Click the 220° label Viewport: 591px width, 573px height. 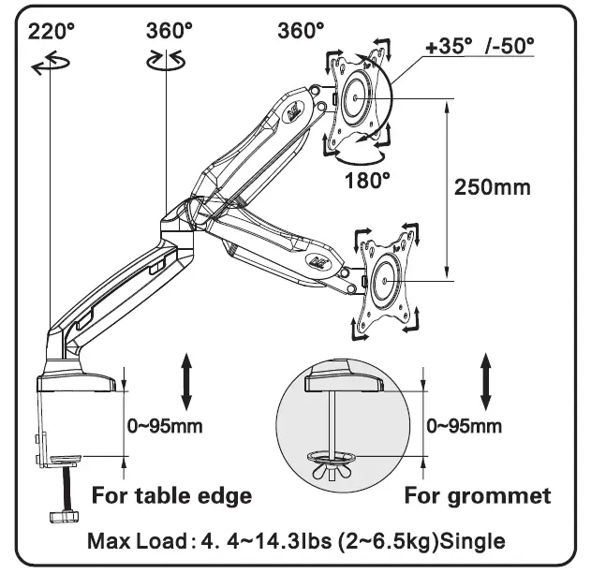click(52, 30)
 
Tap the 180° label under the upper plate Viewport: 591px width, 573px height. click(366, 179)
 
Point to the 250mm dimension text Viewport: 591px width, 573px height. click(492, 186)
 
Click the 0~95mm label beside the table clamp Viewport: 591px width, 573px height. click(165, 426)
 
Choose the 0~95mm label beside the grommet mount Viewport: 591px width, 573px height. click(464, 426)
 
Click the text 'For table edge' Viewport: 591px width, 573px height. click(171, 494)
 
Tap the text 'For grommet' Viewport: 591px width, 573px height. click(478, 494)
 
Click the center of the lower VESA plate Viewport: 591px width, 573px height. click(386, 279)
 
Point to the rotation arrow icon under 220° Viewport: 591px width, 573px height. click(49, 65)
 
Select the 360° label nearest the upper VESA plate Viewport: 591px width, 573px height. click(301, 30)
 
